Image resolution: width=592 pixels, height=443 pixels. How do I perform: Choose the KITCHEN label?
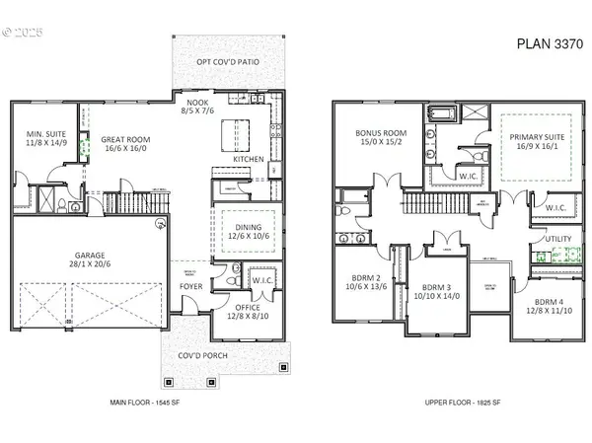tap(247, 158)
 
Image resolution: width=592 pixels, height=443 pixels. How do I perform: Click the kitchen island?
tap(235, 131)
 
